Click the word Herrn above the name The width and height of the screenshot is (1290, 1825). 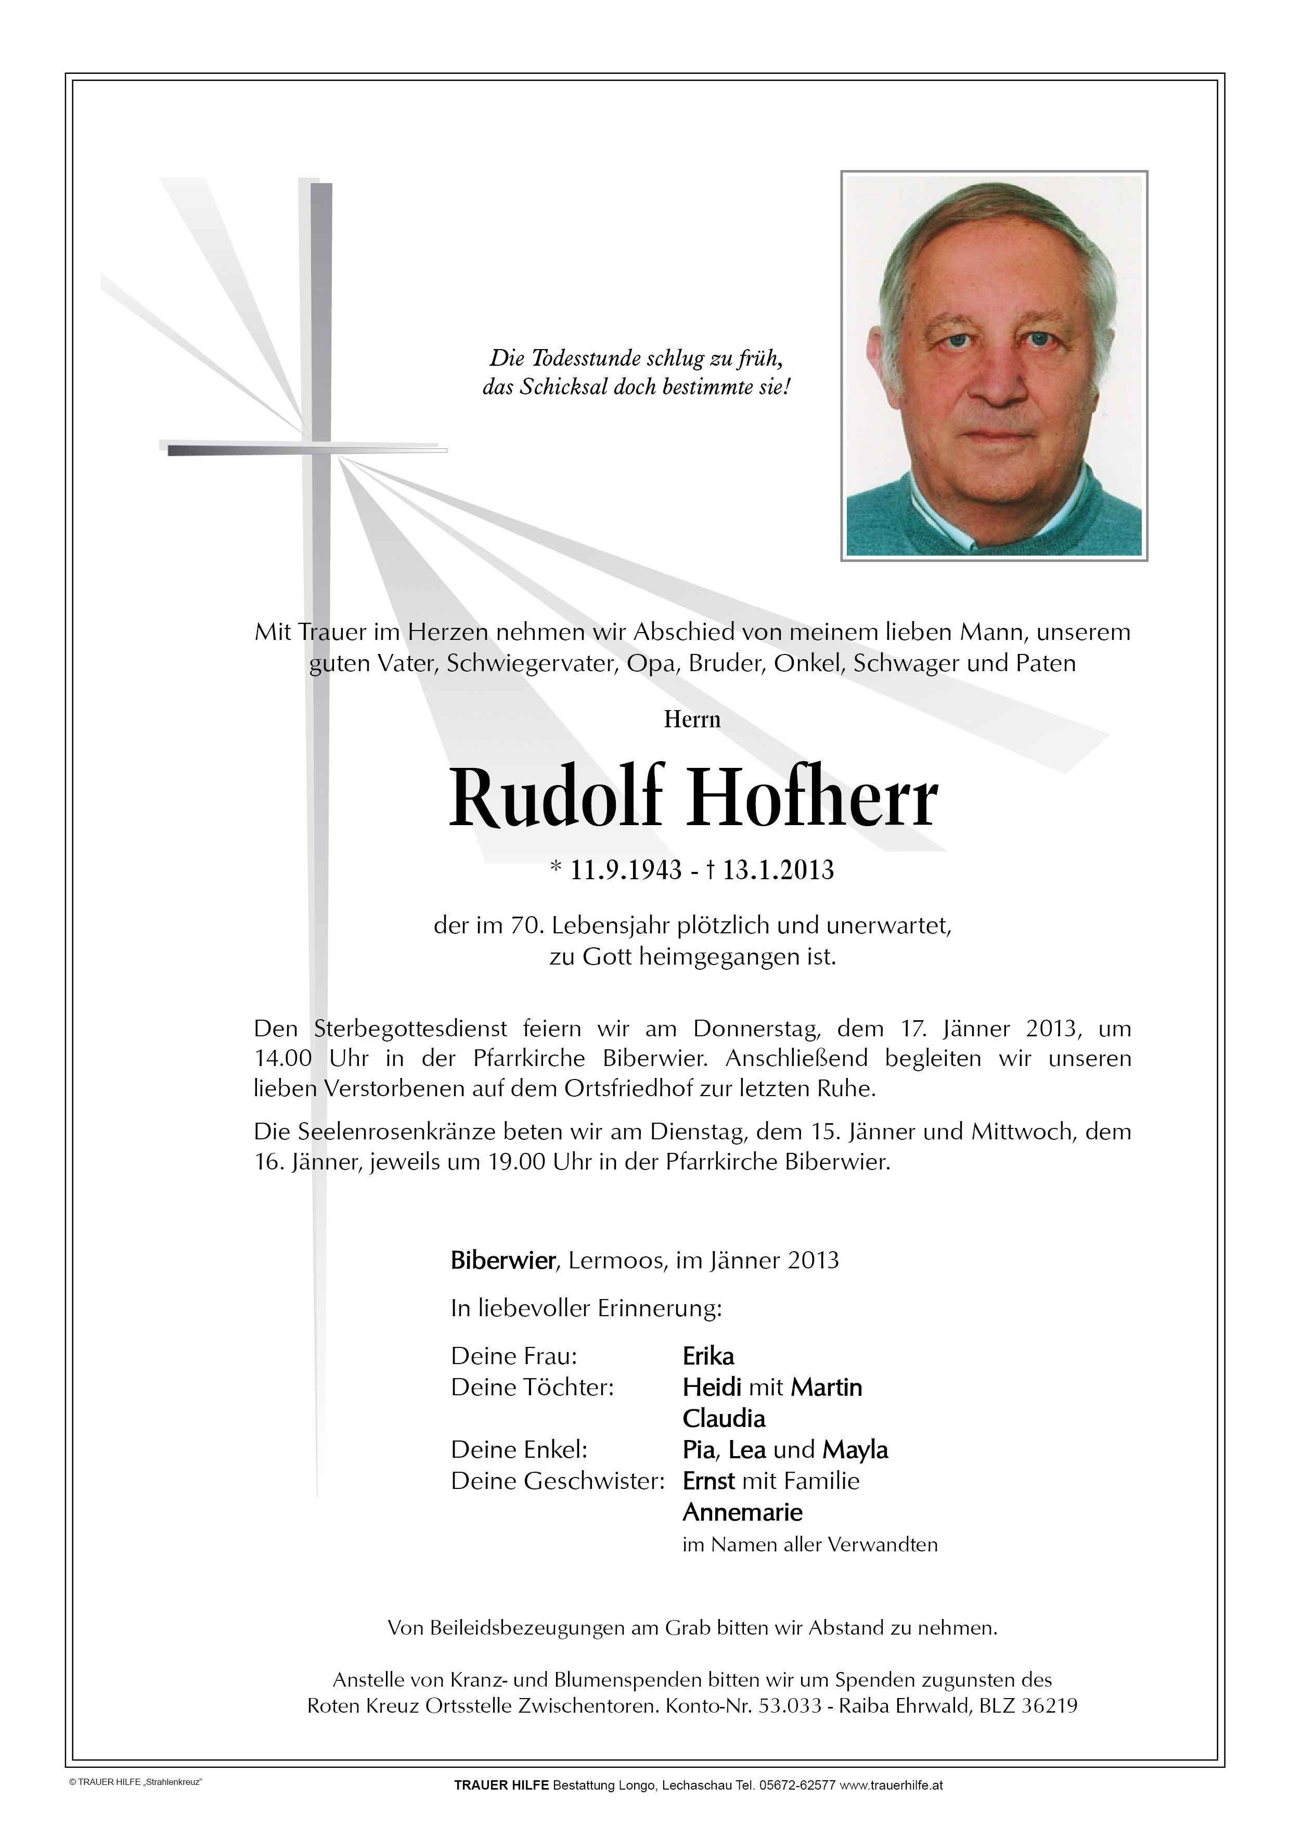[692, 720]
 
